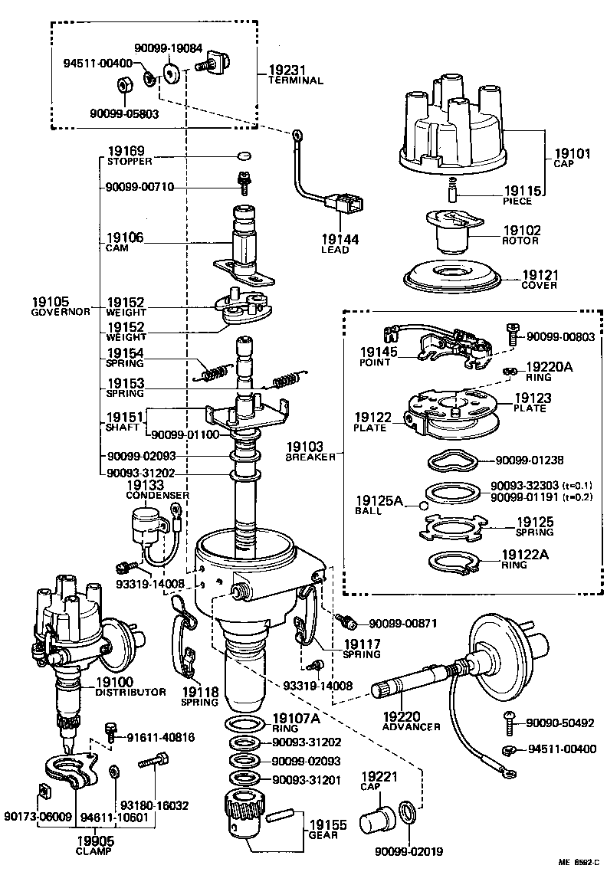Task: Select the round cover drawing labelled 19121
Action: [452, 277]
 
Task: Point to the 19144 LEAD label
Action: [340, 244]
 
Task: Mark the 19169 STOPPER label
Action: [130, 156]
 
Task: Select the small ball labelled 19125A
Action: [422, 505]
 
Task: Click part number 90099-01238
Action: [530, 460]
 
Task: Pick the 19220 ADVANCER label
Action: [411, 720]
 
